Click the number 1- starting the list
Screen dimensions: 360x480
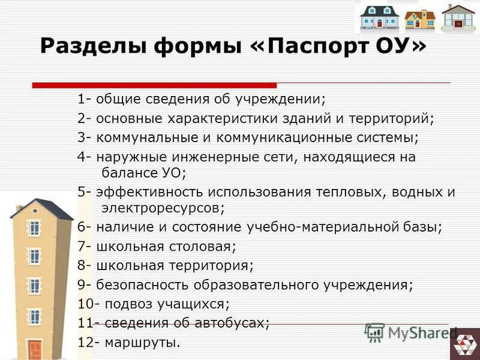[83, 98]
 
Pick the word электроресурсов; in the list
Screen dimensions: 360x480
[163, 208]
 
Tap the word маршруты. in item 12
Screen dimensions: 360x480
[143, 343]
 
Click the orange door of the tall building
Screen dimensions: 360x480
[34, 349]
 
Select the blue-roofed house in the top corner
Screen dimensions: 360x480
[379, 18]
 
